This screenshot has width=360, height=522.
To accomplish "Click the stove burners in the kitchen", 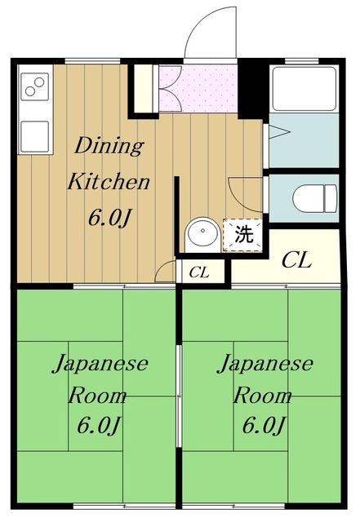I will click(x=34, y=86).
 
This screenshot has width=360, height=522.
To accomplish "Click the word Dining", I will click(x=109, y=147).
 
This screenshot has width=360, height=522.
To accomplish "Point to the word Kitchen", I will click(x=108, y=181).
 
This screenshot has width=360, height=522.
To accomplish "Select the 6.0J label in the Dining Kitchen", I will click(x=108, y=218).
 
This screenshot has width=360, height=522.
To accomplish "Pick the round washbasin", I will click(x=200, y=236).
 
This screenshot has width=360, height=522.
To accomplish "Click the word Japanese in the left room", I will click(x=100, y=364).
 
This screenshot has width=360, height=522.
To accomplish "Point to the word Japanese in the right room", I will click(x=264, y=364).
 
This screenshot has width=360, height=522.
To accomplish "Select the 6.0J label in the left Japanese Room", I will click(x=98, y=427).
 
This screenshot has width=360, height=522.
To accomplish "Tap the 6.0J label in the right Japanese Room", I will click(x=262, y=427).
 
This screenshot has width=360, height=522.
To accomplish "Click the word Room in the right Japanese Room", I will click(x=263, y=396).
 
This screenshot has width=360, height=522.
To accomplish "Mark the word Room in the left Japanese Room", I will click(x=98, y=396).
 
